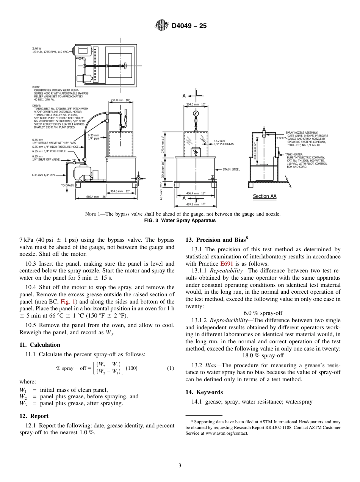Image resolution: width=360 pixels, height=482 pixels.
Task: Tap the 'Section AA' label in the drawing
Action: coord(265,196)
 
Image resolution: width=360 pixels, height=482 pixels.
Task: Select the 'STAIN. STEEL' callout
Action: coord(232,169)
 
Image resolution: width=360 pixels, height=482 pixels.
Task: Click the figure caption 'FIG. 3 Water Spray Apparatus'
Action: coord(180,220)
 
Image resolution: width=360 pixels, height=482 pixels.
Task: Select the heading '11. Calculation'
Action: coord(40,344)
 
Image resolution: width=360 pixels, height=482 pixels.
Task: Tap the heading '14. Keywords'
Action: coord(204,392)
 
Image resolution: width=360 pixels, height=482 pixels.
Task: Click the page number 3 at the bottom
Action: coord(180,466)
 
